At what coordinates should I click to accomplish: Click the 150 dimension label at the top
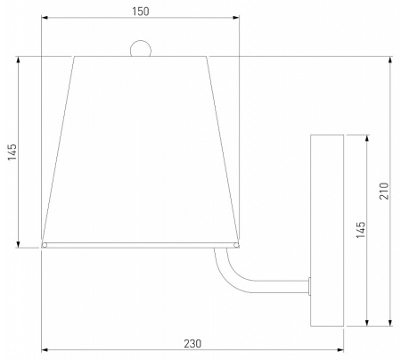[x=141, y=12]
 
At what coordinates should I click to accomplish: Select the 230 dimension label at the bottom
[x=192, y=344]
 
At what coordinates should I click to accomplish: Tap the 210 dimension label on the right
[x=384, y=191]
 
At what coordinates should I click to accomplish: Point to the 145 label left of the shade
[x=12, y=152]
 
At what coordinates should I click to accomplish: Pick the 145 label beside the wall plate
[x=361, y=230]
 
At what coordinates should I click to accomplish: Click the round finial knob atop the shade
[x=141, y=49]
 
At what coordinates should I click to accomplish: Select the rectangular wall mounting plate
[x=327, y=231]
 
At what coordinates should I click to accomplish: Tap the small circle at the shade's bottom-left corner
[x=45, y=245]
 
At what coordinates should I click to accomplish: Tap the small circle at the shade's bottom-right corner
[x=236, y=245]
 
